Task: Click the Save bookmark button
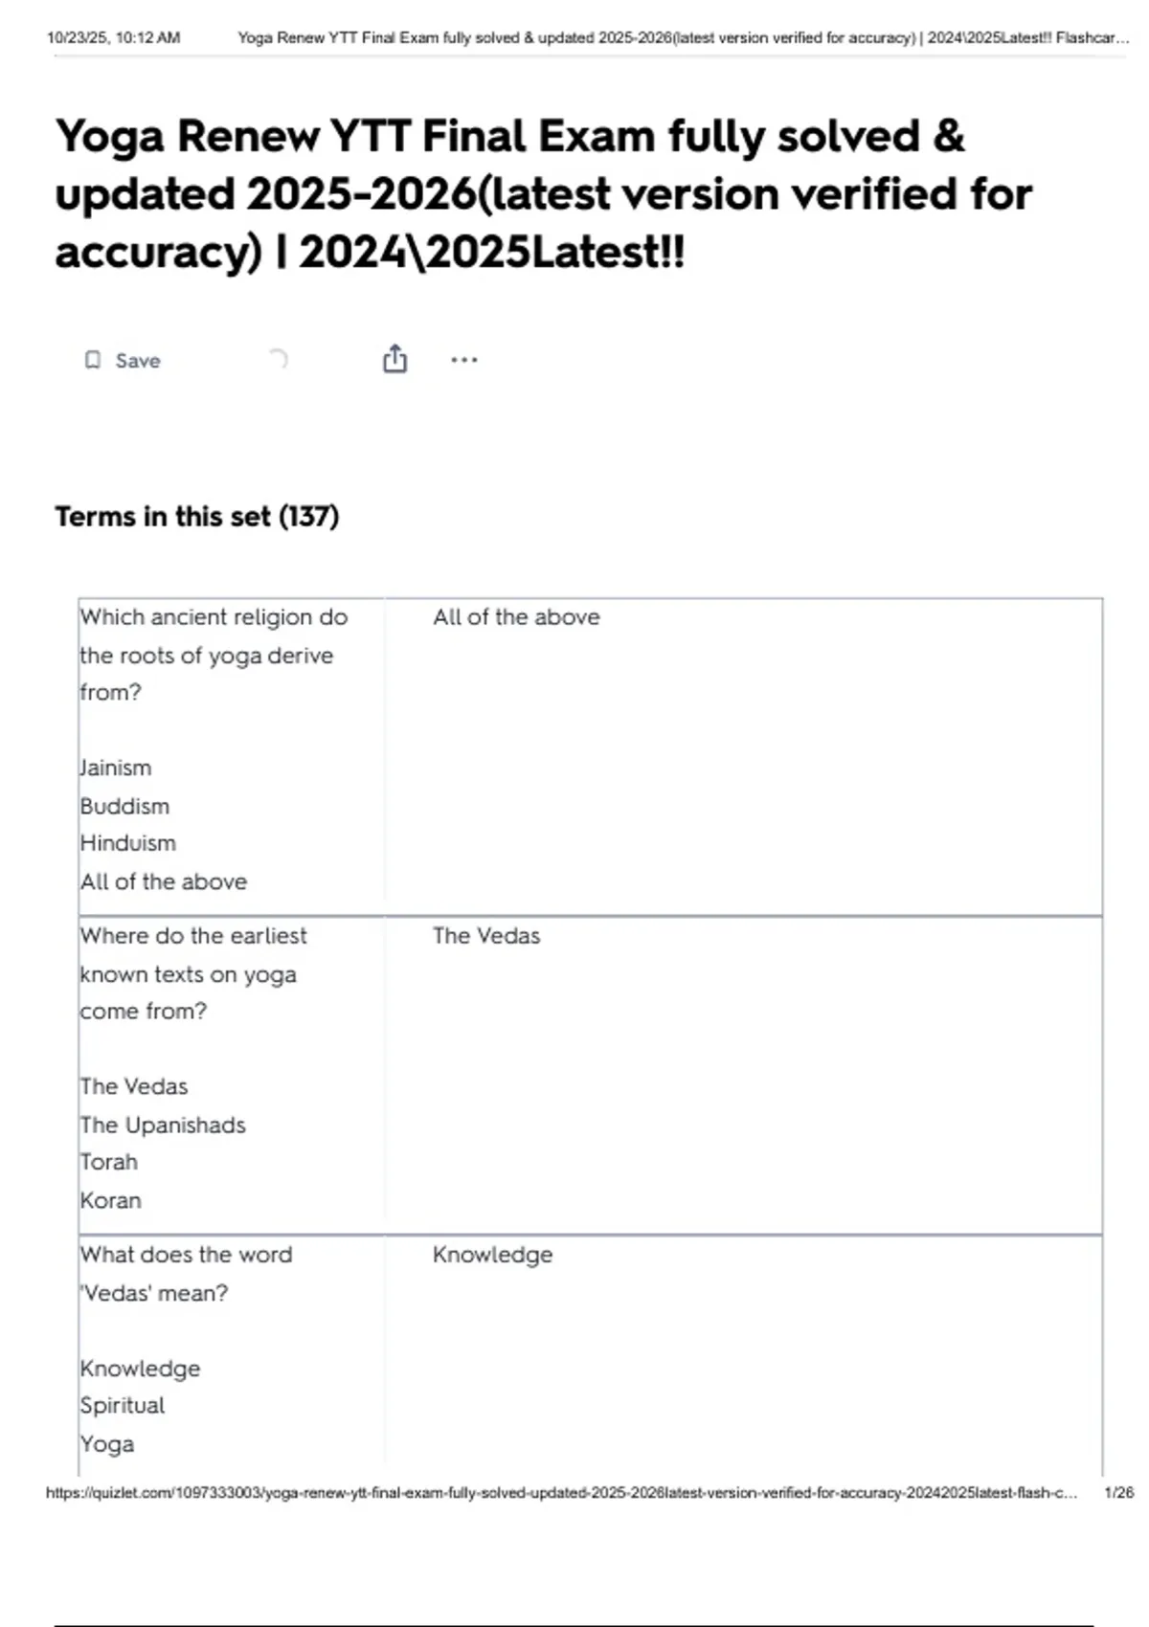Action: pos(123,361)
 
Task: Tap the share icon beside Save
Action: pos(394,359)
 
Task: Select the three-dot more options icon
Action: pos(463,360)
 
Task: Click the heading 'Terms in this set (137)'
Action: pos(196,517)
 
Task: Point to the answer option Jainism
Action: pos(116,769)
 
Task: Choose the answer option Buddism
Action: pos(124,807)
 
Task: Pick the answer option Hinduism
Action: pos(128,843)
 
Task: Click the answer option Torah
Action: pos(109,1162)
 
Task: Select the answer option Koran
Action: pos(111,1200)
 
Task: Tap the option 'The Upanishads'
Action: pos(163,1126)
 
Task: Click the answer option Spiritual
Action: pos(123,1406)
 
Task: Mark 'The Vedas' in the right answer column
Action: pos(486,936)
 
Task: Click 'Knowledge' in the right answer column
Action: pos(492,1255)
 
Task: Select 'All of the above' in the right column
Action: pos(516,617)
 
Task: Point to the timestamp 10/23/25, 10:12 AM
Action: pos(113,38)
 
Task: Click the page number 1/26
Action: pos(1118,1493)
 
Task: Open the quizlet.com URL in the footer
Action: pos(561,1493)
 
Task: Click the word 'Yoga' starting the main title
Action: pos(109,136)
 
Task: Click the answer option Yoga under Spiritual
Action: pos(107,1444)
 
